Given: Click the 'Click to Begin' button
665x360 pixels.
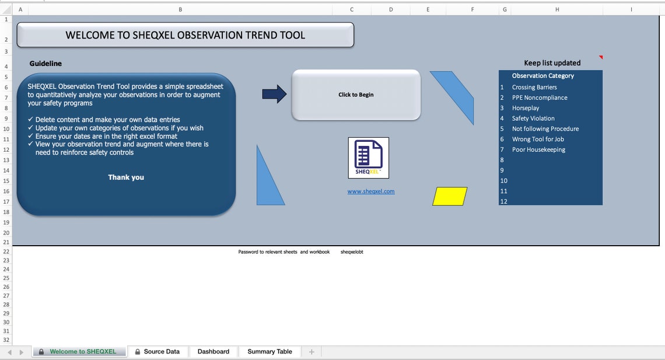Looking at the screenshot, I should click(x=356, y=95).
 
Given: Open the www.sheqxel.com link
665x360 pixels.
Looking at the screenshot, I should click(x=371, y=191).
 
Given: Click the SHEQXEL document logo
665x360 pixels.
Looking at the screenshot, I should click(x=369, y=158).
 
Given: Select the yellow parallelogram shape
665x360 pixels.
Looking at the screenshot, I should click(x=450, y=197).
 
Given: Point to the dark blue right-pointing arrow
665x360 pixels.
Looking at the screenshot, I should click(x=274, y=94).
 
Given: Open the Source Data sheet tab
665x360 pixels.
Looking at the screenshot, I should click(x=157, y=352).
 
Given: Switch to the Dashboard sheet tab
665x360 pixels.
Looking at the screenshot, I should click(x=213, y=352).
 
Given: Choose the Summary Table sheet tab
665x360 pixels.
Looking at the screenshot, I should click(x=269, y=352).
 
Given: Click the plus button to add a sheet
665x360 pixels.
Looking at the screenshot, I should click(x=311, y=352).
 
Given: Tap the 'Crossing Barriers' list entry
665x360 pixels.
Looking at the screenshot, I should click(x=534, y=88).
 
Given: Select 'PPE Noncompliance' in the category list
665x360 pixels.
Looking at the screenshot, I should click(x=540, y=98).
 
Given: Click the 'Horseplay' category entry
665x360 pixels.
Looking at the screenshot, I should click(x=526, y=109).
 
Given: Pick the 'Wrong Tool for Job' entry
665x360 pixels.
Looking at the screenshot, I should click(x=538, y=139).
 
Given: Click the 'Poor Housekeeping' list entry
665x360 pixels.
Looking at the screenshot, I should click(x=538, y=150).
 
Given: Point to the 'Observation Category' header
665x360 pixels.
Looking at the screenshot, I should click(x=543, y=76).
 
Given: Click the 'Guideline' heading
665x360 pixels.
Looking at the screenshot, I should click(x=45, y=64).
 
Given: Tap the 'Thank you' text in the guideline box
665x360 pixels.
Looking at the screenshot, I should click(x=126, y=177).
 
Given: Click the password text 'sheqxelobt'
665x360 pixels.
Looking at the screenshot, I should click(x=352, y=252).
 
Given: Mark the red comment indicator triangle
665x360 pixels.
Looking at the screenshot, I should click(x=601, y=57).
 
